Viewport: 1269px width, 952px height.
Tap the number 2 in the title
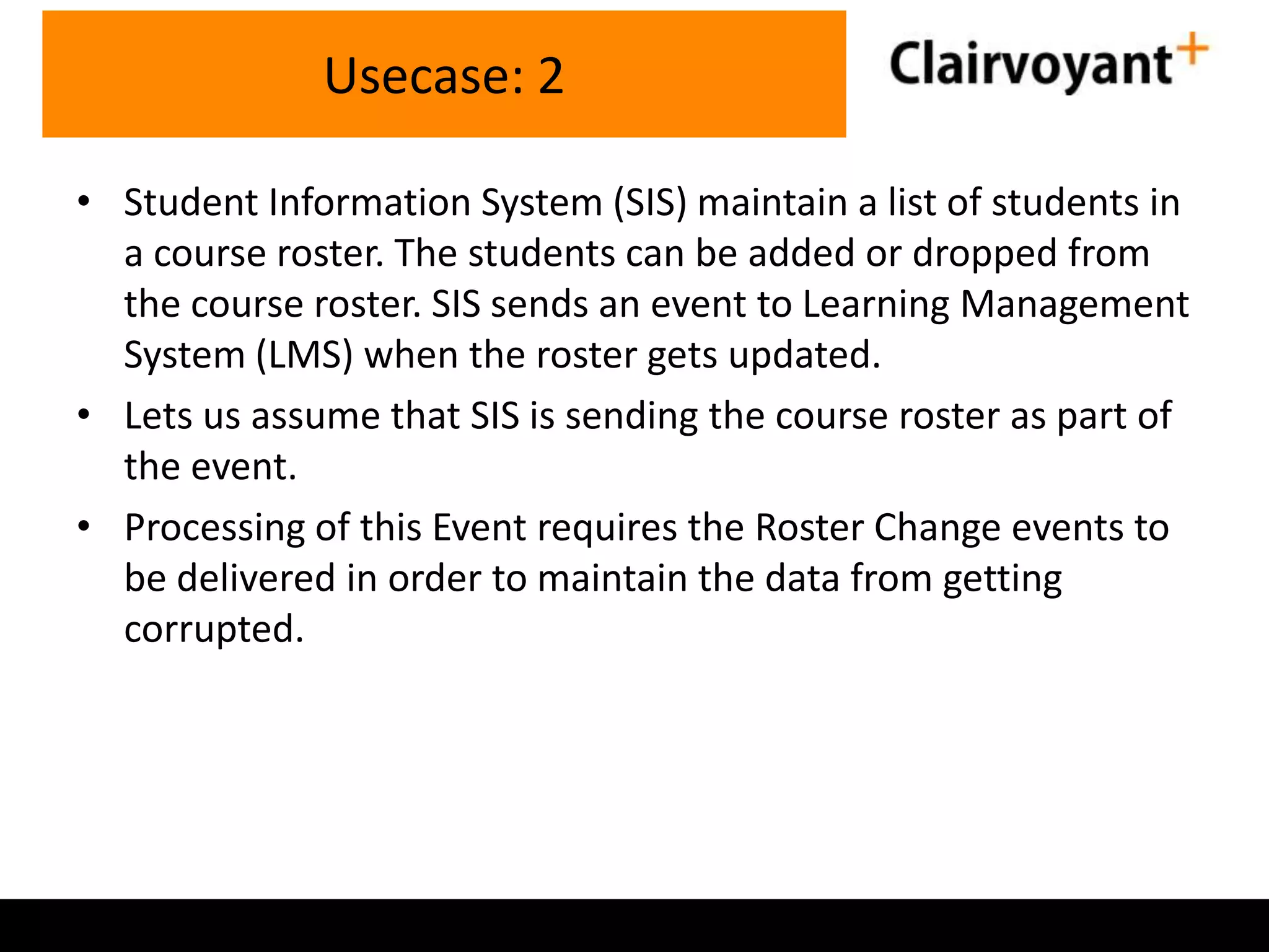pos(551,76)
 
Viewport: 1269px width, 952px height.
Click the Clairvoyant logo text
pos(1030,64)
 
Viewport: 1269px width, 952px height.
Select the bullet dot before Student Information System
pos(84,201)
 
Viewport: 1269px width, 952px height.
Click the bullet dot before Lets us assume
pos(84,415)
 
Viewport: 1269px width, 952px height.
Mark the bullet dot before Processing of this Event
pos(84,527)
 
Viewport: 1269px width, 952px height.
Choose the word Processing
pos(214,529)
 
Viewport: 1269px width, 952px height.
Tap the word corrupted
pos(214,630)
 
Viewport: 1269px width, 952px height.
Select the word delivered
pos(256,578)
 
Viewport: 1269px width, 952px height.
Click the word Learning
pos(876,305)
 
